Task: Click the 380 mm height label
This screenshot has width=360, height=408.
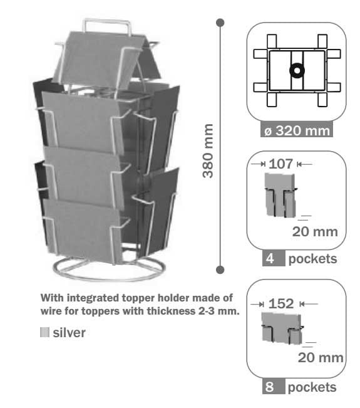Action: [208, 151]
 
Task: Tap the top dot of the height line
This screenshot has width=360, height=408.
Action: [220, 23]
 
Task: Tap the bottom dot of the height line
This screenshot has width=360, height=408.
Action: [220, 270]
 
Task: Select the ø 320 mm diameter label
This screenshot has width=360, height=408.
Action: [297, 130]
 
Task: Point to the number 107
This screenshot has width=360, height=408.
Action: [280, 164]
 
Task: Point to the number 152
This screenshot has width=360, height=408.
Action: [281, 304]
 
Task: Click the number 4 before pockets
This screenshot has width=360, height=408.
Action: [270, 259]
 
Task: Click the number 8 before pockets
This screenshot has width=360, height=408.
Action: [270, 387]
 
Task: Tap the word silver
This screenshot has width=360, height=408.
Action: [69, 333]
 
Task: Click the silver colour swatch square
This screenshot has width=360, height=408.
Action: [44, 332]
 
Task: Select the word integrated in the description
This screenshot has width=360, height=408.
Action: [93, 298]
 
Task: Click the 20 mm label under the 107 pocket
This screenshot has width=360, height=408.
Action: [315, 232]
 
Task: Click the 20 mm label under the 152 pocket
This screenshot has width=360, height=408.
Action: [321, 357]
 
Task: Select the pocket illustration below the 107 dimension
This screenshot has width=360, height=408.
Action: [280, 195]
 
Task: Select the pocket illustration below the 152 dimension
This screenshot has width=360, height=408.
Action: [282, 328]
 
